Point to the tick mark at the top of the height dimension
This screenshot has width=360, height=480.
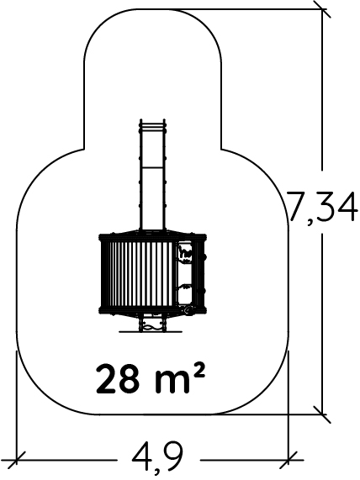pos(322,9)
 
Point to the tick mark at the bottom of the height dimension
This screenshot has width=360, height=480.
pos(322,414)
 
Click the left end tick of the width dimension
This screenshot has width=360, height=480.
pos(16,460)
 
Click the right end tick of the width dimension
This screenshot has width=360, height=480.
pos(289,460)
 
